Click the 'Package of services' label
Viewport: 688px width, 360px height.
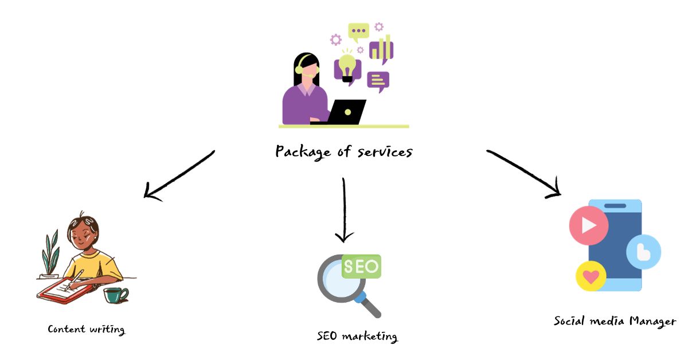click(343, 151)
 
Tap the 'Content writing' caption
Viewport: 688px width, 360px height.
click(86, 329)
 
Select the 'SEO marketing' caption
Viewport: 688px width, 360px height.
click(357, 336)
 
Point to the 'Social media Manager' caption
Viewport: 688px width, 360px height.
click(615, 321)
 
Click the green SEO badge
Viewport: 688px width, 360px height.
click(361, 267)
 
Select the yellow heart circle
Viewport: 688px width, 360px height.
click(591, 277)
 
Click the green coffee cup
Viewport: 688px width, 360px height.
click(115, 295)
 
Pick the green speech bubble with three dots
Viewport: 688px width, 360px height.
click(359, 32)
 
